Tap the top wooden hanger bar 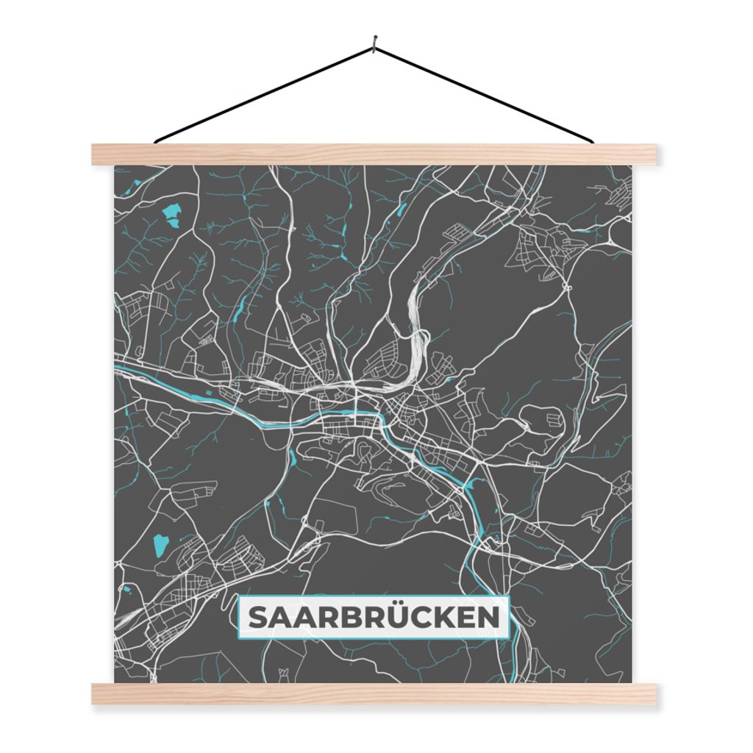(x=374, y=154)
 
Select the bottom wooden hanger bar (x=374, y=693)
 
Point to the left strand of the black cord (x=265, y=94)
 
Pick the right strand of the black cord (x=485, y=94)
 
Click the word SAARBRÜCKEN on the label (x=374, y=618)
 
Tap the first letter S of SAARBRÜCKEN (x=257, y=618)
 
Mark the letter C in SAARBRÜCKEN (x=415, y=618)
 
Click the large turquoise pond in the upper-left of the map (x=174, y=214)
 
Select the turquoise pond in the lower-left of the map (x=160, y=545)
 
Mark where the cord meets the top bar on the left (x=157, y=141)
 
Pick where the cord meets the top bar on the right (x=591, y=141)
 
